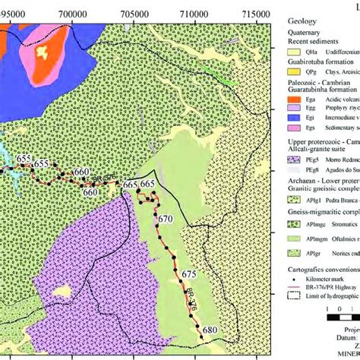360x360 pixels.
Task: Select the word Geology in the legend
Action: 302,23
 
